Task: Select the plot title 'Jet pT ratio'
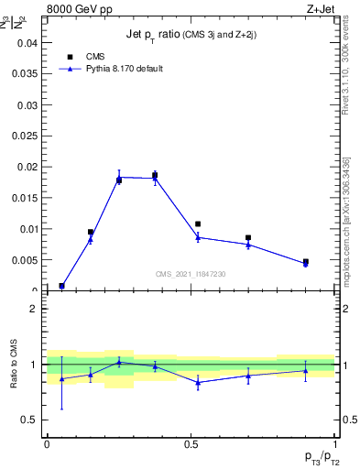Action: click(191, 35)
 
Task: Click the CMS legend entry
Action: click(91, 57)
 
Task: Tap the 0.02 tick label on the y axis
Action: click(28, 167)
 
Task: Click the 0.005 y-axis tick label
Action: click(25, 260)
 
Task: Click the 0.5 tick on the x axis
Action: click(191, 443)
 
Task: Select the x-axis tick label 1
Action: click(334, 443)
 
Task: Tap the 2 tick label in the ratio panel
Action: click(34, 309)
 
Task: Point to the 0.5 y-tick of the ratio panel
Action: click(30, 420)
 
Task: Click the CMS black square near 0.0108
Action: click(198, 224)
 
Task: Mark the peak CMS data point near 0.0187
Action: click(155, 175)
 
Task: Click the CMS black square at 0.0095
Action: click(91, 232)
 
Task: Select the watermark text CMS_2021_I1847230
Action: click(191, 274)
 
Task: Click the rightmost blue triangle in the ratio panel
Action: click(306, 371)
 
